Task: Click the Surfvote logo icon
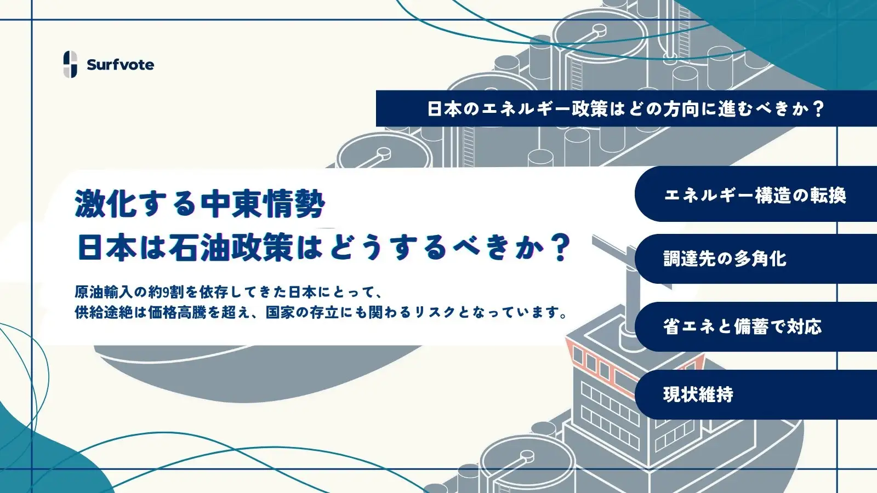pyautogui.click(x=70, y=64)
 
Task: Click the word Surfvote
pyautogui.click(x=120, y=65)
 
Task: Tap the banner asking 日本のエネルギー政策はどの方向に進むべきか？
pyautogui.click(x=625, y=108)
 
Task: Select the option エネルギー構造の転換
pyautogui.click(x=755, y=195)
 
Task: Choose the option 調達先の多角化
pyautogui.click(x=725, y=259)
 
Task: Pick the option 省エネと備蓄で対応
pyautogui.click(x=742, y=326)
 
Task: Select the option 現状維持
pyautogui.click(x=698, y=394)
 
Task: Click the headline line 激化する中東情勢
pyautogui.click(x=200, y=204)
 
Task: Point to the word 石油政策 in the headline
pyautogui.click(x=231, y=248)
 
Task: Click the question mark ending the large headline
pyautogui.click(x=560, y=248)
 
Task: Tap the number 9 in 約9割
pyautogui.click(x=166, y=291)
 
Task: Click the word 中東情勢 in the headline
pyautogui.click(x=263, y=204)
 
